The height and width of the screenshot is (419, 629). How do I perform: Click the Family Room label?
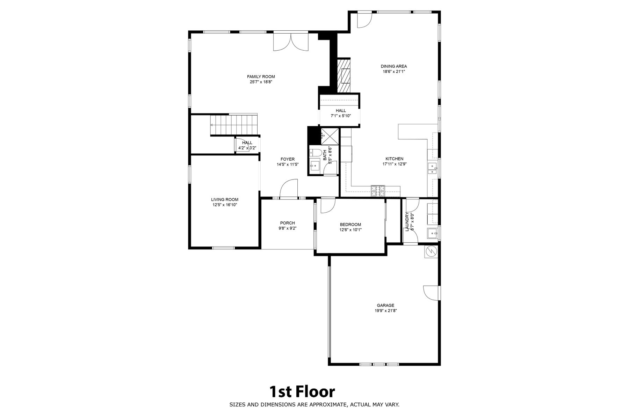(261, 77)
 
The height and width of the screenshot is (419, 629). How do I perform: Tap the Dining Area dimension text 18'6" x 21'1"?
(393, 72)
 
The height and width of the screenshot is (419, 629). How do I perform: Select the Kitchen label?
(395, 159)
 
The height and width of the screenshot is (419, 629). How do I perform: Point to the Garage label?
(385, 305)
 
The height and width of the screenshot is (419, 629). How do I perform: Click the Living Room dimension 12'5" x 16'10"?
(225, 205)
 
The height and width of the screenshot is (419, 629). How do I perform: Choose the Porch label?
(287, 223)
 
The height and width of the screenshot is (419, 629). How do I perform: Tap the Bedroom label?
(350, 225)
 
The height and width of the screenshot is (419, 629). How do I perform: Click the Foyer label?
(288, 159)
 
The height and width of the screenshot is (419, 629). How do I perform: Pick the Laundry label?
(407, 221)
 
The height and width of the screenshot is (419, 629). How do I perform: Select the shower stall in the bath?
(330, 135)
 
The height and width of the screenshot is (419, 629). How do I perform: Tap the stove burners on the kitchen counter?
(378, 190)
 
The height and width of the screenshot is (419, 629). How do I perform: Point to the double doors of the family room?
(291, 42)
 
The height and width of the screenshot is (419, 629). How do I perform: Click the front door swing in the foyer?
(289, 189)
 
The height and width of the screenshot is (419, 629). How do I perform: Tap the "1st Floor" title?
(302, 392)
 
